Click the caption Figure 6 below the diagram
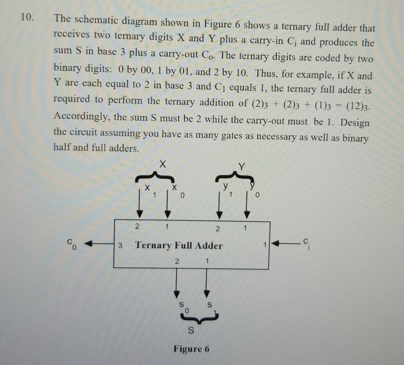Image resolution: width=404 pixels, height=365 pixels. point(191,349)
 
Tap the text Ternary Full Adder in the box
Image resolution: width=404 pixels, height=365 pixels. point(179,246)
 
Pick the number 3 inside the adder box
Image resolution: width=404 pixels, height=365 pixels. point(120,245)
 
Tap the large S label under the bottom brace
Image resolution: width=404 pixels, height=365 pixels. point(191,329)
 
